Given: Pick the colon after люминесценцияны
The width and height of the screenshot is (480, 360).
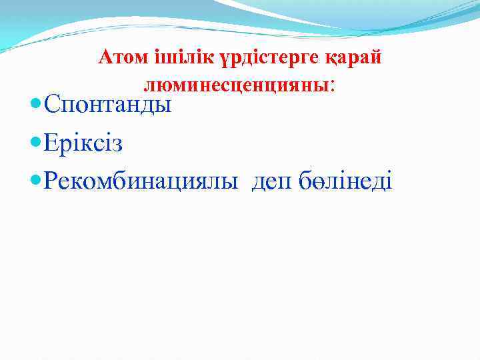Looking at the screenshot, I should click(x=332, y=86).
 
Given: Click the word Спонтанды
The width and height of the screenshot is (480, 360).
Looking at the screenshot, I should click(x=107, y=105).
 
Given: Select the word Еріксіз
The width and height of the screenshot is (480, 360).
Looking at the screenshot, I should click(x=83, y=143).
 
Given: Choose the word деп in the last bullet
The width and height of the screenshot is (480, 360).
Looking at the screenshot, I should click(x=273, y=181).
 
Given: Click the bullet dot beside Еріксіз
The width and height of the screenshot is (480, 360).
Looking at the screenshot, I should click(x=35, y=143).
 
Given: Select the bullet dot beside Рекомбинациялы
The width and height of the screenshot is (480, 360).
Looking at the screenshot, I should click(x=35, y=180).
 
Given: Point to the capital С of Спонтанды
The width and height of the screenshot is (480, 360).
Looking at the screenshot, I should click(x=51, y=104).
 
